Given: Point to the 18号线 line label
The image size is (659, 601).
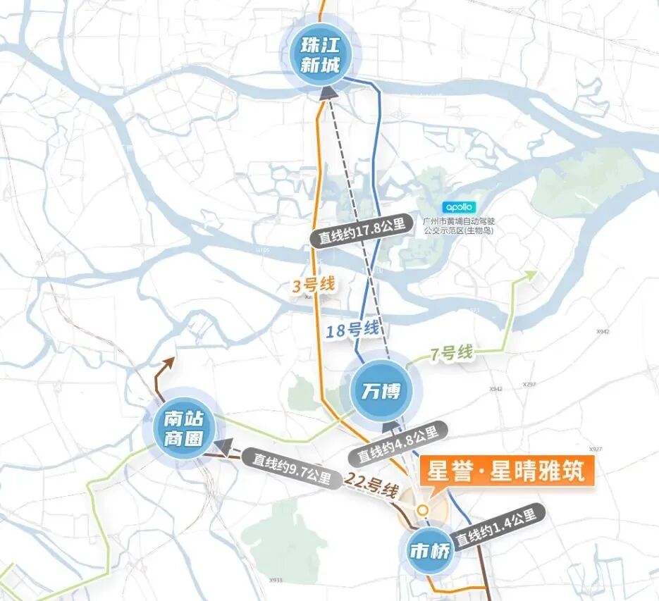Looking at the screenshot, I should (353, 328).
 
